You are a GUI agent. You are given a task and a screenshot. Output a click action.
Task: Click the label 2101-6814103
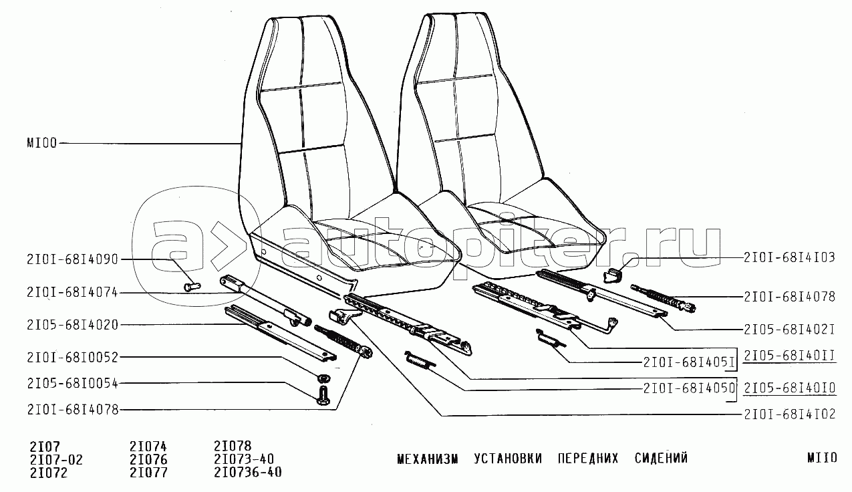[x=789, y=257]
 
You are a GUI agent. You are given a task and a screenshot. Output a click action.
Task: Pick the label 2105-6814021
[x=789, y=330]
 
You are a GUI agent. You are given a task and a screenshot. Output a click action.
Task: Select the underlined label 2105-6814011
[x=789, y=356]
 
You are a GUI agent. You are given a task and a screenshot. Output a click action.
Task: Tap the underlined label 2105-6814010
[x=789, y=388]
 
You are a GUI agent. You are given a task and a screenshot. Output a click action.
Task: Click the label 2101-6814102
[x=789, y=414]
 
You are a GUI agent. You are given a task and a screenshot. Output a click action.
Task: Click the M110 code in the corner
[x=821, y=459]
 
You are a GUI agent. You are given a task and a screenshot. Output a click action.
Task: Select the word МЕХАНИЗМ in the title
[x=427, y=459]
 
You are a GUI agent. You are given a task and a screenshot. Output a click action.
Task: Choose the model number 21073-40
[x=243, y=459]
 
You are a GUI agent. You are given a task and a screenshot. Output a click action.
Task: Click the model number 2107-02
[x=56, y=459]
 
